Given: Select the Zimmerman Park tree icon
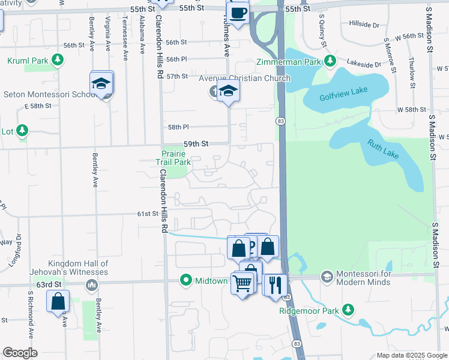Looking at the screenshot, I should point(330,60).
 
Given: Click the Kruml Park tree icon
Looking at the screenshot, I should point(57,60).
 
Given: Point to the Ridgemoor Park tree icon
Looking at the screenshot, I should point(348,310).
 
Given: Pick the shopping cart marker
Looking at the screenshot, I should point(243,283).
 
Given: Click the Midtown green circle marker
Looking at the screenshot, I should point(186,280).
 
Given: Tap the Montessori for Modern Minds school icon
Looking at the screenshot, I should point(327,276).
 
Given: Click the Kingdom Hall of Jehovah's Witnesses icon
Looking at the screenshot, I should point(92,284).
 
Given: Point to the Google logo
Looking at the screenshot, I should point(20,353).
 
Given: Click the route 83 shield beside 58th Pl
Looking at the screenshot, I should point(281,121).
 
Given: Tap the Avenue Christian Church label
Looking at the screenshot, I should point(245,78).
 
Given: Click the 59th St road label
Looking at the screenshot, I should point(196,144).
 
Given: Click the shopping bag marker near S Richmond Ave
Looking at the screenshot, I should point(58,302).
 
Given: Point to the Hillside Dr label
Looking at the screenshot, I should point(364,25).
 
